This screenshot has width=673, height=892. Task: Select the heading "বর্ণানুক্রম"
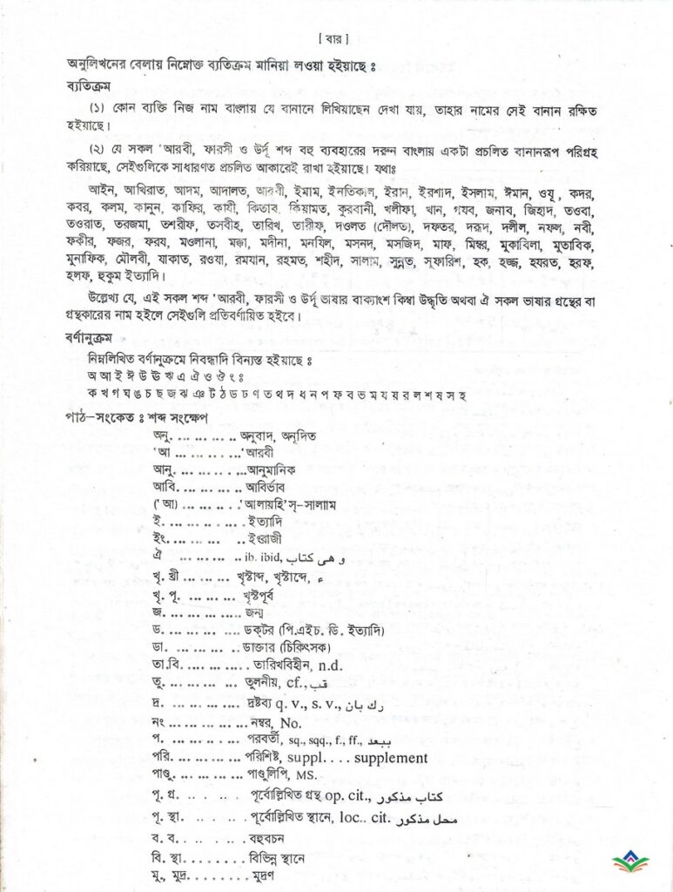91,340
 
